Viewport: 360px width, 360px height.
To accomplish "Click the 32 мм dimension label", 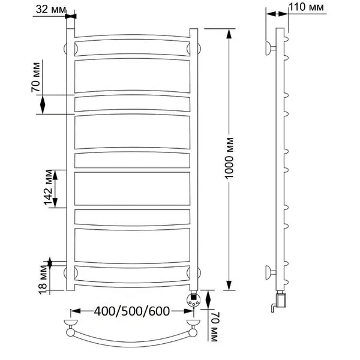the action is (x=51, y=10).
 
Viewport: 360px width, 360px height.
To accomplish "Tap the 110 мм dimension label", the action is (x=306, y=7).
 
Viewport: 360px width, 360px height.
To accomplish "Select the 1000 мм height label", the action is (x=229, y=158).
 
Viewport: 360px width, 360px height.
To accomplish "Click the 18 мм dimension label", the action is (x=43, y=280).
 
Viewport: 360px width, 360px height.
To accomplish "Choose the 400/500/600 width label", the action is (x=132, y=311).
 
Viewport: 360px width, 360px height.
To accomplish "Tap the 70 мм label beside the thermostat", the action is (x=214, y=327).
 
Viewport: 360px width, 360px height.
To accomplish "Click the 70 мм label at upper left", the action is (x=36, y=77).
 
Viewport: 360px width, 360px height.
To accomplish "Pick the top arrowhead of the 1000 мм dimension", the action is (x=229, y=34).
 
